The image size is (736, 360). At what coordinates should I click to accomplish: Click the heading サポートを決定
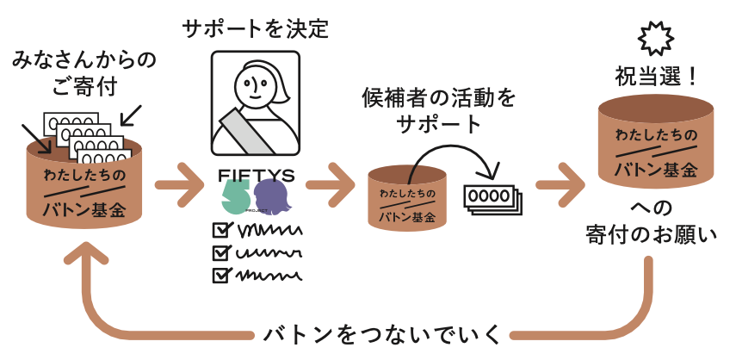click(x=256, y=28)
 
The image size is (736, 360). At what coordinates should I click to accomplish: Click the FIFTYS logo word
click(x=257, y=175)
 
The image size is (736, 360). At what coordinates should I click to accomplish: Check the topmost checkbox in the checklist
click(x=222, y=231)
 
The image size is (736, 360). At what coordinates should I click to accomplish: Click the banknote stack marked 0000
click(x=491, y=197)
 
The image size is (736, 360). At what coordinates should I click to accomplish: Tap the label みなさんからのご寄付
click(x=72, y=72)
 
